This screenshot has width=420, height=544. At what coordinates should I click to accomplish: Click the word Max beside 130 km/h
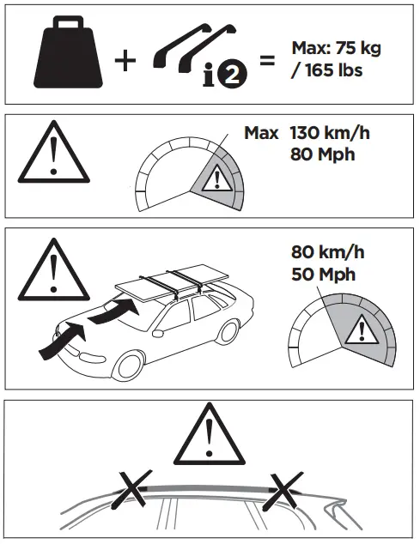click(261, 134)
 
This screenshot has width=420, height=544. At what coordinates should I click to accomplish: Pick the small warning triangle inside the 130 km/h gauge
click(219, 181)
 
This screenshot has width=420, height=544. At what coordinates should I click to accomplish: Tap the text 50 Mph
click(323, 275)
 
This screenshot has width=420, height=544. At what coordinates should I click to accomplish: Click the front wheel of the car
click(129, 366)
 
